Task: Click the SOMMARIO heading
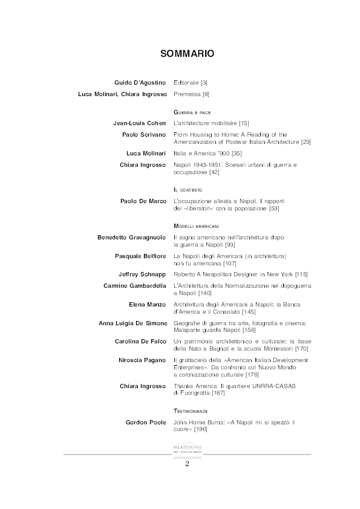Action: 187,54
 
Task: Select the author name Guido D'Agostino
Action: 140,82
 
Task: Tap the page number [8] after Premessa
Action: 206,94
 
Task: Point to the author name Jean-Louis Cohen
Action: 140,123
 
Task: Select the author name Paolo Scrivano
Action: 144,135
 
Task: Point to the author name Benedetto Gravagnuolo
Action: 131,237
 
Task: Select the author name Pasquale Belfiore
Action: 140,256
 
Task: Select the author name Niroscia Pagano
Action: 142,360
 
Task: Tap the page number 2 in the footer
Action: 187,464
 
